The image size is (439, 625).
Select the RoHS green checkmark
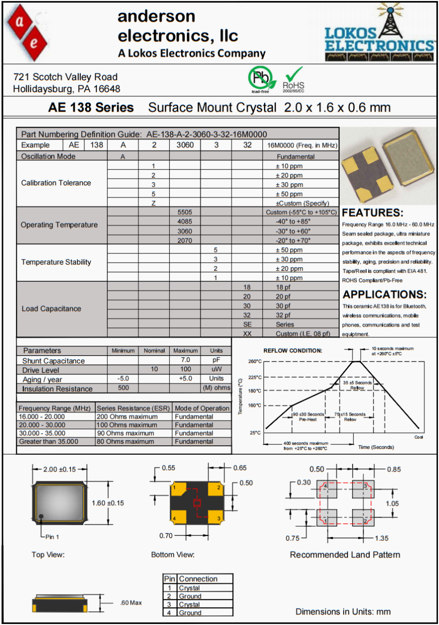click(294, 74)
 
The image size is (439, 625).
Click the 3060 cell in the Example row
click(185, 145)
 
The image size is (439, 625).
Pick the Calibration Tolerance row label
click(56, 183)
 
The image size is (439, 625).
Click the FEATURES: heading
click(372, 213)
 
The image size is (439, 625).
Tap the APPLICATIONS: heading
click(384, 294)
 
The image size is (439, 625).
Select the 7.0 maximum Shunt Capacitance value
click(185, 360)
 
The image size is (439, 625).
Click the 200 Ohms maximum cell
click(126, 417)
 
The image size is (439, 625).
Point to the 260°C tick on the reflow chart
click(254, 361)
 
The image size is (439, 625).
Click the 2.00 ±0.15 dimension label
click(59, 469)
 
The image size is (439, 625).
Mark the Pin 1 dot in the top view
click(41, 516)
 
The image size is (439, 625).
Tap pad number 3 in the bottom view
click(219, 519)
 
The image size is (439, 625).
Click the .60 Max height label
click(130, 603)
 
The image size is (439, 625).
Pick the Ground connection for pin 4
click(190, 613)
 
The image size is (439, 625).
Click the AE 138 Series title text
click(91, 108)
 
